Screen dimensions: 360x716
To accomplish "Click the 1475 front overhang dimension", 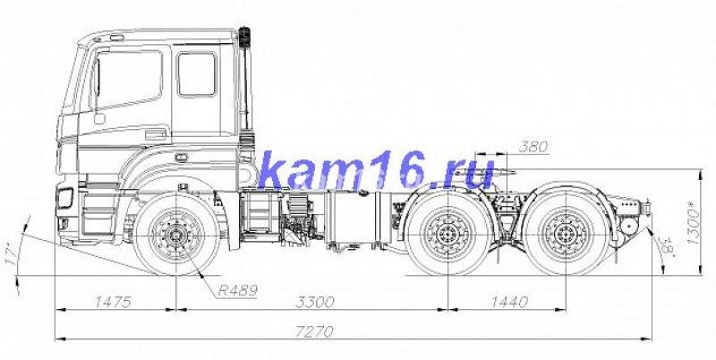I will pyautogui.click(x=113, y=302).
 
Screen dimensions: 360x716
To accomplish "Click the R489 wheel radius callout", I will pyautogui.click(x=236, y=289).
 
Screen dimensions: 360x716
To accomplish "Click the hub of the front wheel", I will pyautogui.click(x=175, y=237).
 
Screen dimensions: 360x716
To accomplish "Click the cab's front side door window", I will pyautogui.click(x=130, y=79).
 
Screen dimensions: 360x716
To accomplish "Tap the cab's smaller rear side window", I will pyautogui.click(x=196, y=74).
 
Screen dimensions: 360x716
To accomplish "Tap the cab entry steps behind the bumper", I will pyautogui.click(x=94, y=215).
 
